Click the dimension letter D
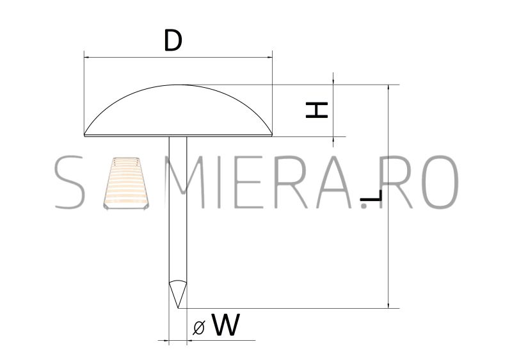click(x=173, y=40)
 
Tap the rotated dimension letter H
click(x=316, y=110)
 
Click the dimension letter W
click(x=226, y=324)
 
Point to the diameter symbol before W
click(x=199, y=327)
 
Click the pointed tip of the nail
click(x=178, y=307)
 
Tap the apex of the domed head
click(x=178, y=85)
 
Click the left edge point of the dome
click(x=84, y=135)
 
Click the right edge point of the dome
click(x=272, y=135)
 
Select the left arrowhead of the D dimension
click(x=86, y=58)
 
